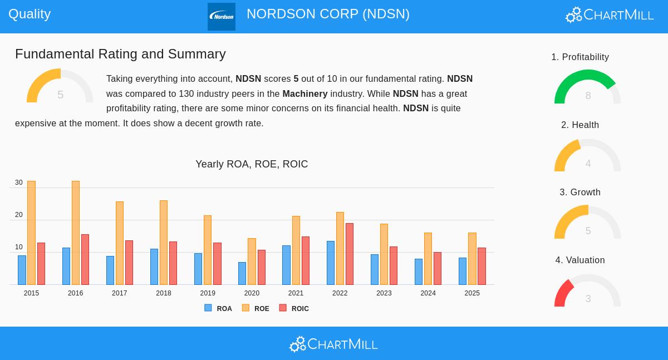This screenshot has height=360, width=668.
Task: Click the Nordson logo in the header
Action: click(x=222, y=17)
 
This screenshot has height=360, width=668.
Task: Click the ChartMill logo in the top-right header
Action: click(x=610, y=14)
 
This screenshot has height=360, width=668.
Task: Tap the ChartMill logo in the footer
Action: click(x=333, y=344)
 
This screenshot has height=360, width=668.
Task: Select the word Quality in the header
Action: click(x=30, y=14)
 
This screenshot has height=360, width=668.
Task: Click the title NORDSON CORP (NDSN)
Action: click(x=328, y=14)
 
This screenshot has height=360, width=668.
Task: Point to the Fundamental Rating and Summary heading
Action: click(x=120, y=54)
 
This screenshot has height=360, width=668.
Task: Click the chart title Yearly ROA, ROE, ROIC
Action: click(x=252, y=164)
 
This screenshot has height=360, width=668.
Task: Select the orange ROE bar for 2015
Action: click(x=31, y=233)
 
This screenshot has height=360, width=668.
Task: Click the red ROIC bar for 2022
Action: click(x=350, y=254)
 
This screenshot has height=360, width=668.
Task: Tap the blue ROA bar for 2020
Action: click(x=242, y=273)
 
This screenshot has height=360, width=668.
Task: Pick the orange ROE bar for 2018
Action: click(x=164, y=243)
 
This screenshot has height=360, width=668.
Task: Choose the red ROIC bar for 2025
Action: click(x=482, y=266)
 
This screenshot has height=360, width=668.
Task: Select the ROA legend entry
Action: click(x=218, y=308)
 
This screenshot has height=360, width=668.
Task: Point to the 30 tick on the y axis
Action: click(x=19, y=183)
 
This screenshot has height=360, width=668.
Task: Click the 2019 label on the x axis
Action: click(x=208, y=293)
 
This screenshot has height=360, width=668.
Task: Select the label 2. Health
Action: click(x=580, y=125)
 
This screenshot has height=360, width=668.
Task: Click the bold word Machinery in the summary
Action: click(x=305, y=93)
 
